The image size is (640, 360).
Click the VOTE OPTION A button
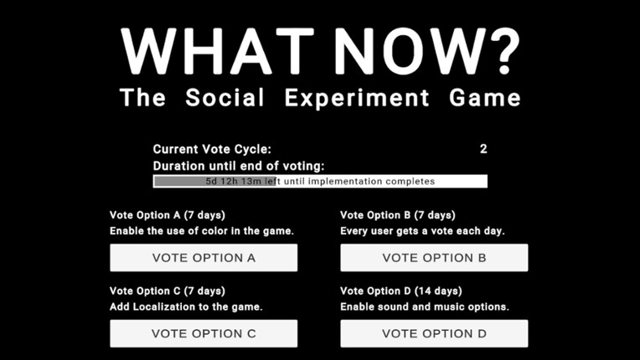(204, 258)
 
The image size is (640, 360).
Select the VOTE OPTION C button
(204, 333)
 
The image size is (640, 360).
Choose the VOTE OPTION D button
(434, 333)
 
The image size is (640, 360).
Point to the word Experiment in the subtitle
(357, 98)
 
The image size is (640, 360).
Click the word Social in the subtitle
(225, 98)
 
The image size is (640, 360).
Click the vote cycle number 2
(483, 149)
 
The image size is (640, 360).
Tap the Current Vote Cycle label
(212, 149)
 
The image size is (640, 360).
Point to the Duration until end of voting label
(239, 166)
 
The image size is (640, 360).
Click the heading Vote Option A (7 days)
(168, 215)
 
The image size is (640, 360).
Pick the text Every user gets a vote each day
(422, 230)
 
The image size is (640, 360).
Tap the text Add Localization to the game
(186, 306)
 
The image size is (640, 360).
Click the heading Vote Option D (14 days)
(401, 291)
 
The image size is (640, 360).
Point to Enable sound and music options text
(425, 306)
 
